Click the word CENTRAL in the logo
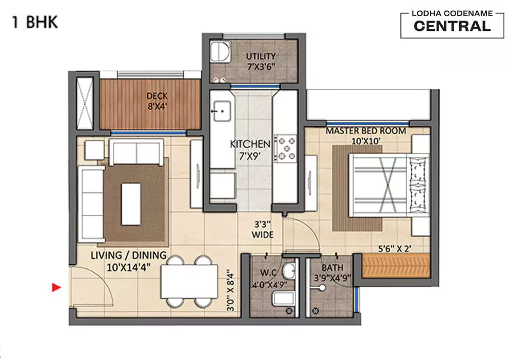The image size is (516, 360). (452, 27)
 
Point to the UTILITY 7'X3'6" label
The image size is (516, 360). (261, 60)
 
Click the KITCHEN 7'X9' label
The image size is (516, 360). (250, 150)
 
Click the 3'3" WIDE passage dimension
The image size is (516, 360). (263, 230)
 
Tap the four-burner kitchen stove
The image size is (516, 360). (286, 148)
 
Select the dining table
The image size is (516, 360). (189, 281)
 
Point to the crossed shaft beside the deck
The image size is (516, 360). (85, 103)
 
